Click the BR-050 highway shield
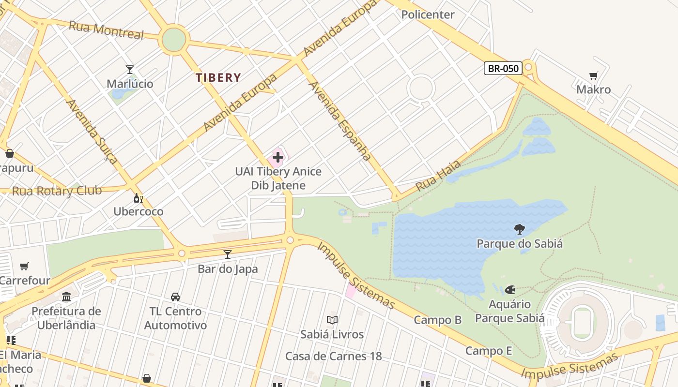tap(503, 68)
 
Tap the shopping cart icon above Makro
tap(593, 75)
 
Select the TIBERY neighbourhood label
tap(218, 77)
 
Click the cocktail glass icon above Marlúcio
tap(129, 70)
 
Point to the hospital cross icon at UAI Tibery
tap(278, 157)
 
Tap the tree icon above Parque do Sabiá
tap(519, 229)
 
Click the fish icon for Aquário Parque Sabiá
tap(509, 290)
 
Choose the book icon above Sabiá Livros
tap(332, 320)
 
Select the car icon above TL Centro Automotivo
tap(175, 297)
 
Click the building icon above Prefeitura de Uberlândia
tap(66, 297)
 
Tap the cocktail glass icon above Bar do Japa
tap(228, 254)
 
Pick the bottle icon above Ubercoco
tap(138, 198)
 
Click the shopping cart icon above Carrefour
tap(24, 266)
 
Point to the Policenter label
tap(428, 15)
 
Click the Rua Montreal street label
tap(107, 30)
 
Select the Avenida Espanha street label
tap(340, 120)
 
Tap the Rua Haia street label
tap(431, 177)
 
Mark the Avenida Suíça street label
tap(92, 131)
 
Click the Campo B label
tap(438, 320)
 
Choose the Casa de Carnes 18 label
tap(333, 357)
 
